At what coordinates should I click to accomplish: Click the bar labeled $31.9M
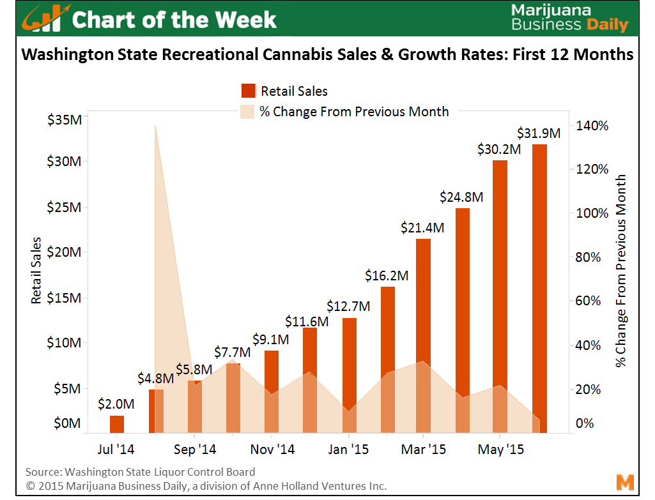(539, 287)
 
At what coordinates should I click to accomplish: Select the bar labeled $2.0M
(117, 424)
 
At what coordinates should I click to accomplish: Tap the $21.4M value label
(422, 227)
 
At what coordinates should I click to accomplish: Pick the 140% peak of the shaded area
(155, 126)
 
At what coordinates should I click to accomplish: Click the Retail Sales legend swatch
(248, 91)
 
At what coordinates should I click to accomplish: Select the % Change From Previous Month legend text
(354, 112)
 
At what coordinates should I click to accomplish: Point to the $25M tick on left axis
(64, 208)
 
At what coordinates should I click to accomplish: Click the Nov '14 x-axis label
(273, 450)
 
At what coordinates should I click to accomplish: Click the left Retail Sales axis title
(36, 270)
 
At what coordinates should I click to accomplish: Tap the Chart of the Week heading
(174, 20)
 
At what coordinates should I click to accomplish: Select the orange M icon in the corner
(624, 482)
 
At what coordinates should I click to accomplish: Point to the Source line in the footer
(140, 472)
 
